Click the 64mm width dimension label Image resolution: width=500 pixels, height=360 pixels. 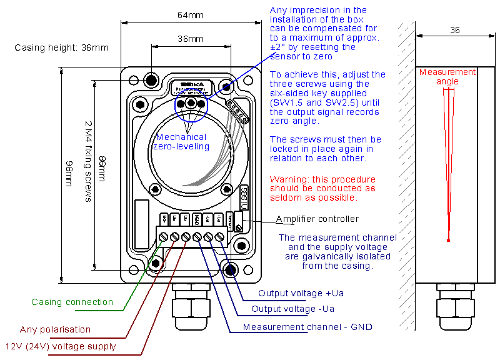(x=191, y=14)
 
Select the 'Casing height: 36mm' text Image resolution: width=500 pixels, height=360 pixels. (x=61, y=47)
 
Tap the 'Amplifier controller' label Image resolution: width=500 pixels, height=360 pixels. (x=317, y=219)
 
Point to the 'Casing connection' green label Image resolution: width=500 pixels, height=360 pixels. (x=72, y=302)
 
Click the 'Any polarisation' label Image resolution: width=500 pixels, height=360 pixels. (x=55, y=329)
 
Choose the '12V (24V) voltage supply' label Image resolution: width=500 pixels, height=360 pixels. (x=61, y=346)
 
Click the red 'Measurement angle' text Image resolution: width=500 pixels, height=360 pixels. (x=447, y=76)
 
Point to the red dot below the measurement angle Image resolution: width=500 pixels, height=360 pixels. (x=448, y=240)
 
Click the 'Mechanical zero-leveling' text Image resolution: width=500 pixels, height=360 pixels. (x=181, y=142)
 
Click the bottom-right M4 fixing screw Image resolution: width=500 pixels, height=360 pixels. (x=231, y=269)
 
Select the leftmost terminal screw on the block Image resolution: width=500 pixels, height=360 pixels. (x=164, y=236)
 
